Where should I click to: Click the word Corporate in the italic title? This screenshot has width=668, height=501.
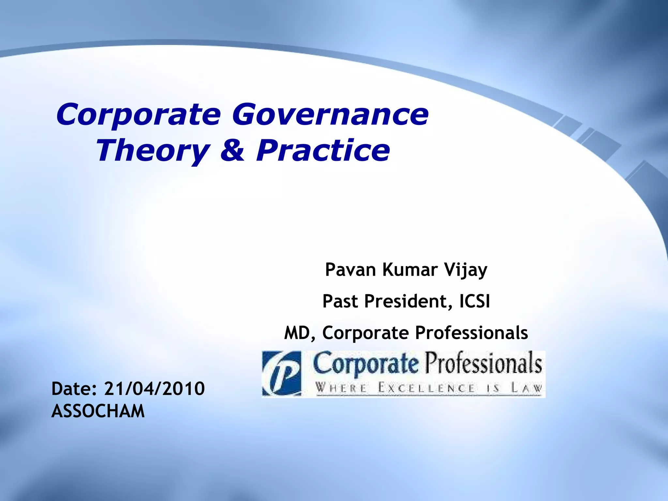138,115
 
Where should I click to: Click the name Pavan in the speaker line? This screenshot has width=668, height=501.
350,270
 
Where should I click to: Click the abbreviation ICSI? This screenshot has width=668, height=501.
475,301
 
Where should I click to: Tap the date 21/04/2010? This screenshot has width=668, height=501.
154,388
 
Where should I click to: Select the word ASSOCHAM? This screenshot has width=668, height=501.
98,411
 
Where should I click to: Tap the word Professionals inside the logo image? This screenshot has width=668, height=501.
483,364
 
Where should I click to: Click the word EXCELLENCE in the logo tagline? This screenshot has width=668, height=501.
426,388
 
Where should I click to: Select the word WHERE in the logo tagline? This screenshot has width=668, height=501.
341,388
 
